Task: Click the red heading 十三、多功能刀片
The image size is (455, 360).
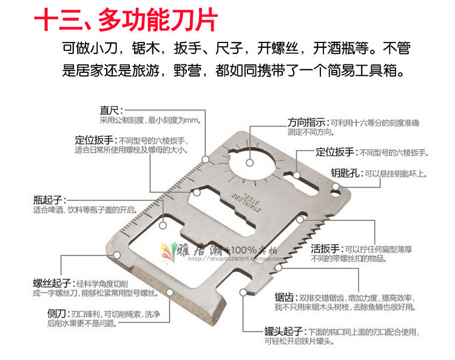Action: point(124,20)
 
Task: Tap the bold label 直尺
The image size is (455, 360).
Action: point(110,110)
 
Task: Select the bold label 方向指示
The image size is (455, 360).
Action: point(308,121)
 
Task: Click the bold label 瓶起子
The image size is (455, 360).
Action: point(49,200)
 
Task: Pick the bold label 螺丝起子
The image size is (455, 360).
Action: point(52,284)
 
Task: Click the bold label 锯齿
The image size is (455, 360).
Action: point(285,298)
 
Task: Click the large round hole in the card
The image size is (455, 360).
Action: point(252,159)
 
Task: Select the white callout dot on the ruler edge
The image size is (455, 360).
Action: point(206,159)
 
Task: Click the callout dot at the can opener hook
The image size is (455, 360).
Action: point(243,293)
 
